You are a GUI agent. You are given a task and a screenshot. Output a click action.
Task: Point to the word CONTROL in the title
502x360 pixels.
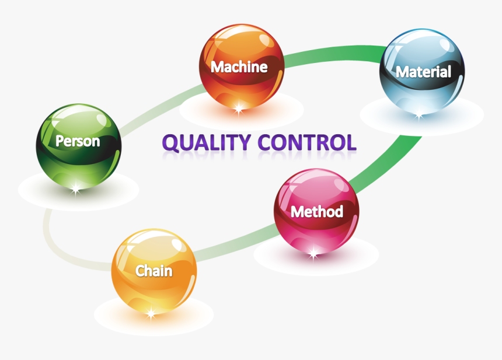[x=306, y=142]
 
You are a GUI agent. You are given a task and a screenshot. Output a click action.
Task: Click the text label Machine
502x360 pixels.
[x=239, y=67]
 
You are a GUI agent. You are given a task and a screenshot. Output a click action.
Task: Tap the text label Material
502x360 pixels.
[x=424, y=72]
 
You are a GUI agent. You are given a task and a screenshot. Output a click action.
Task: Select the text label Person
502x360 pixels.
[x=78, y=141]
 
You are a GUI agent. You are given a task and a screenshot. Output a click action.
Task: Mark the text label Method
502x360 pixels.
[x=316, y=211]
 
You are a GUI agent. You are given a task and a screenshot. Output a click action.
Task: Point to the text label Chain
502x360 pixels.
[x=154, y=271]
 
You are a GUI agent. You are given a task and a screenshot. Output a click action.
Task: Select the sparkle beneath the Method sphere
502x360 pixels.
[x=313, y=253]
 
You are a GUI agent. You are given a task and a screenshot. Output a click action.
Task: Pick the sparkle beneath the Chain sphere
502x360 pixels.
[x=151, y=314]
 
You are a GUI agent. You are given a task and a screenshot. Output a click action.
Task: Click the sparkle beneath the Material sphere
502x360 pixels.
[x=419, y=115]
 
